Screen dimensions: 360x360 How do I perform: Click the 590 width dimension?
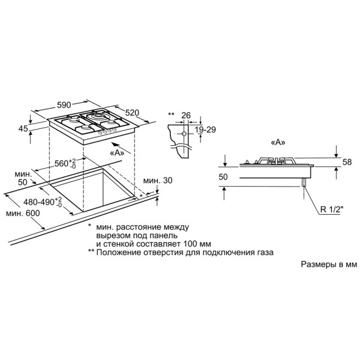coord(64,105)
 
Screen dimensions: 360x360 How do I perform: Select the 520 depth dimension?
coord(132,113)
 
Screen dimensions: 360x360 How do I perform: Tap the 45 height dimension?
coord(23,128)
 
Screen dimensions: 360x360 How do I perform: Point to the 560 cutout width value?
coord(65,163)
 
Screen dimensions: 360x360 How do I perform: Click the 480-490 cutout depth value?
coord(43,202)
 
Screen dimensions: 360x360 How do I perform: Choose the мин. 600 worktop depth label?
coord(23,213)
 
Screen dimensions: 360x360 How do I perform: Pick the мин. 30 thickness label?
coord(158,181)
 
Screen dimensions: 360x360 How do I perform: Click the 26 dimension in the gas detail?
coord(186,115)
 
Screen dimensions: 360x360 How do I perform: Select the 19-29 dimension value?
coord(205,130)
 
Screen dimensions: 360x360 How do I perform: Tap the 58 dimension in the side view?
coord(347,162)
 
